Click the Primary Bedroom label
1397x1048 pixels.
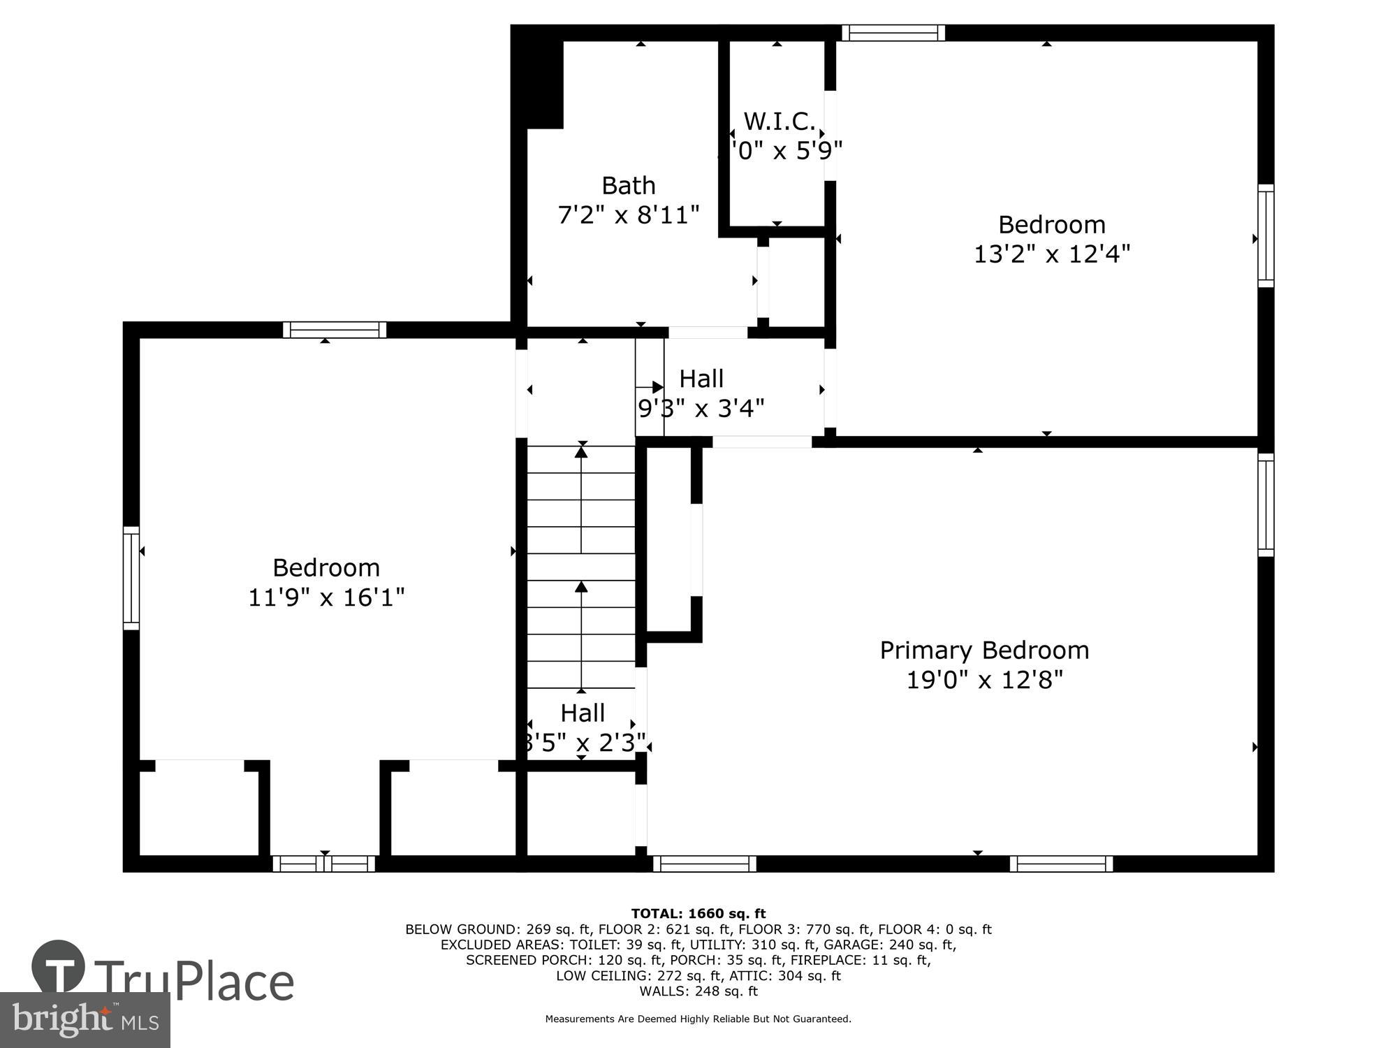(x=983, y=650)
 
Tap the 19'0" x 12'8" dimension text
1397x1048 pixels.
(x=983, y=680)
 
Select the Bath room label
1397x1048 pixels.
(x=629, y=186)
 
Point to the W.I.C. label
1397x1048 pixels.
(x=779, y=122)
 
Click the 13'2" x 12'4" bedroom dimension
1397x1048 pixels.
(x=1051, y=254)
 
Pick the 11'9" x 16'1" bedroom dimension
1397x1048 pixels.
(x=326, y=598)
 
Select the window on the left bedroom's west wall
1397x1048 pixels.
(x=131, y=578)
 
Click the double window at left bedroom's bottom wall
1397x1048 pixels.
(x=323, y=864)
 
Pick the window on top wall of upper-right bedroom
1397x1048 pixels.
(x=893, y=33)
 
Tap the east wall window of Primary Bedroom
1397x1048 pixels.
(x=1265, y=504)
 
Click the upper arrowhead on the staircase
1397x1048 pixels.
(x=581, y=452)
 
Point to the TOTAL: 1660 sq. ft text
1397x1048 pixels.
(x=698, y=914)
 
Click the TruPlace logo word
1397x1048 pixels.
(x=193, y=981)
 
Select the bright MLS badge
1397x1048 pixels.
(x=85, y=1020)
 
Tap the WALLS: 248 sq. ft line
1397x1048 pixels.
(x=698, y=991)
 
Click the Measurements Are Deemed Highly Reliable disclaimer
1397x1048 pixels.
(x=698, y=1019)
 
